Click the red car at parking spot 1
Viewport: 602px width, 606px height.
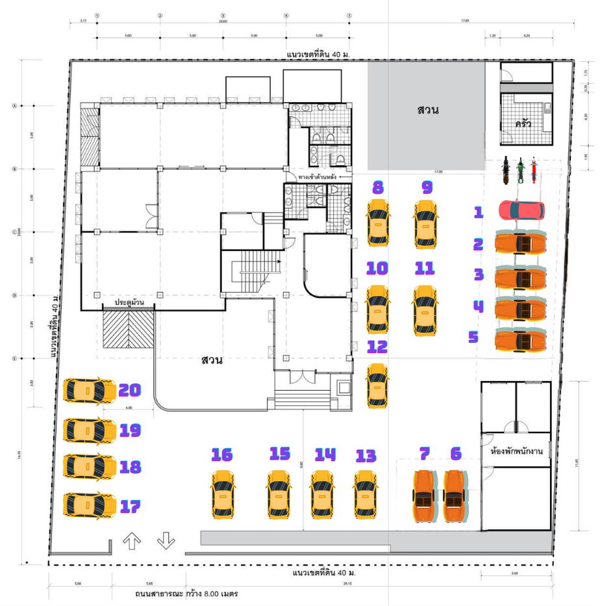[x=521, y=211]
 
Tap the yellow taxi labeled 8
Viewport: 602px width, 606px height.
[x=377, y=223]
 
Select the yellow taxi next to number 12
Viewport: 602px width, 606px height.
[x=377, y=385]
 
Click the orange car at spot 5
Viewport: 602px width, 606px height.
[x=520, y=339]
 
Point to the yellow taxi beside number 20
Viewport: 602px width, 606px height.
[x=89, y=391]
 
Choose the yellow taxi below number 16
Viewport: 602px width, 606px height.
[x=223, y=495]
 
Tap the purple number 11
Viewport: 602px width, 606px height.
[x=424, y=268]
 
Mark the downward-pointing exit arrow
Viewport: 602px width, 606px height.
[x=166, y=540]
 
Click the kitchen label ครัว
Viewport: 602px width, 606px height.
[x=523, y=122]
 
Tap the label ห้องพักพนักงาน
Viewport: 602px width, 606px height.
[x=518, y=450]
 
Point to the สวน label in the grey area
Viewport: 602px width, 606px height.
[x=427, y=109]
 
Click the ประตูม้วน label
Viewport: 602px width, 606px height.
[x=129, y=302]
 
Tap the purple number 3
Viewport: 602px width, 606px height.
[x=479, y=274]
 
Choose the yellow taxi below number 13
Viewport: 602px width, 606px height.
[x=366, y=495]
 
